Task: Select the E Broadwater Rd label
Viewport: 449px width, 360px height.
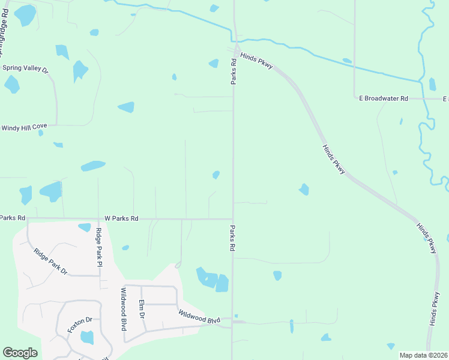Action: click(x=383, y=98)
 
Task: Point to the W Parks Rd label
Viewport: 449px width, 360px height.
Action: click(x=121, y=219)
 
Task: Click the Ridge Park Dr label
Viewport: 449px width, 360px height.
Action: click(x=50, y=262)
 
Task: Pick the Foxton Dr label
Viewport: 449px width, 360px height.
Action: click(x=79, y=325)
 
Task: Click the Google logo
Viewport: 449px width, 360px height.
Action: click(x=20, y=353)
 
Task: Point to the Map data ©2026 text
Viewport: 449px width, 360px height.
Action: click(x=423, y=355)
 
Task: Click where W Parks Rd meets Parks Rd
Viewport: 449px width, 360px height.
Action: click(x=233, y=219)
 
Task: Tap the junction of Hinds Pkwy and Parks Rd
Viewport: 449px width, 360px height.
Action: click(x=235, y=50)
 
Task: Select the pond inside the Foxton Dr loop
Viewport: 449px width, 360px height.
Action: click(x=87, y=338)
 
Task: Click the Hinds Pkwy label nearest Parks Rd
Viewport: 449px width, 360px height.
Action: click(x=257, y=61)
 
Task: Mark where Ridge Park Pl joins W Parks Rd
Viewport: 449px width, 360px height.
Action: click(x=98, y=219)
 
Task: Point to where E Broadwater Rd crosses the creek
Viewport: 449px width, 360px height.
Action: click(x=424, y=98)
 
